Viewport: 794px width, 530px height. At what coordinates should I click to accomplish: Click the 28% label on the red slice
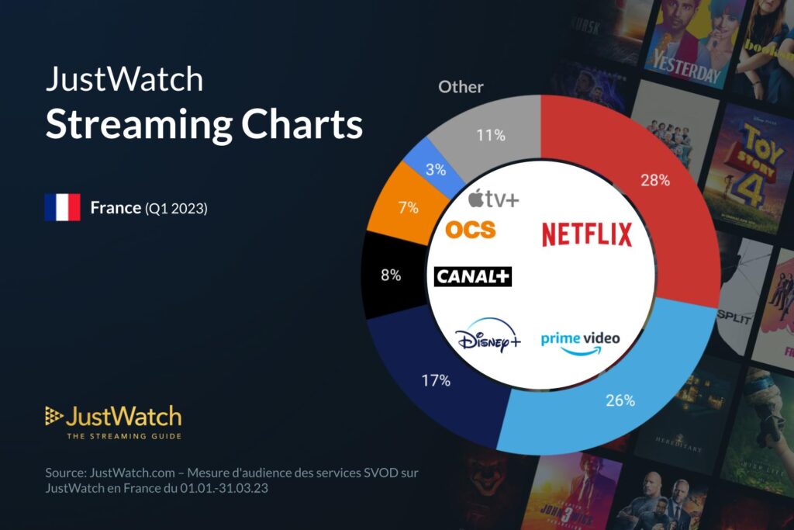pyautogui.click(x=656, y=181)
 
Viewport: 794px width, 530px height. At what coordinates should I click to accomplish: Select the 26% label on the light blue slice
pyautogui.click(x=620, y=400)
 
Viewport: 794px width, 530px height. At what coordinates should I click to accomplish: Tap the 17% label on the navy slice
pyautogui.click(x=436, y=380)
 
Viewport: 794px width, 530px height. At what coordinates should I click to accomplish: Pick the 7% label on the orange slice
pyautogui.click(x=408, y=208)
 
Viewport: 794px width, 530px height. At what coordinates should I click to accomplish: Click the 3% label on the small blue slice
pyautogui.click(x=436, y=168)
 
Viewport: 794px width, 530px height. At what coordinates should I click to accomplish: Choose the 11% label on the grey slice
pyautogui.click(x=490, y=135)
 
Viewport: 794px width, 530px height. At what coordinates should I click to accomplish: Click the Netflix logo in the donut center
pyautogui.click(x=587, y=234)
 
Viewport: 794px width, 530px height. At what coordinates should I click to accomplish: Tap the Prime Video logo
pyautogui.click(x=581, y=341)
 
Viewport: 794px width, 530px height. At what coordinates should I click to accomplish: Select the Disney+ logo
pyautogui.click(x=488, y=340)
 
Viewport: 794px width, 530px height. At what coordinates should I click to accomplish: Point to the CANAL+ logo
pyautogui.click(x=474, y=276)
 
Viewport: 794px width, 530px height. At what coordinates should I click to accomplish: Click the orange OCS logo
pyautogui.click(x=470, y=230)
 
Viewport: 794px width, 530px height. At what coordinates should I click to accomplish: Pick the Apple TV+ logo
pyautogui.click(x=494, y=199)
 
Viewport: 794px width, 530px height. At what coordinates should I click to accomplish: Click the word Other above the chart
pyautogui.click(x=461, y=87)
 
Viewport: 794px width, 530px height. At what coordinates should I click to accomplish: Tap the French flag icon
pyautogui.click(x=62, y=207)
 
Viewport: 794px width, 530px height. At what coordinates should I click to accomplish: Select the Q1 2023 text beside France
pyautogui.click(x=176, y=208)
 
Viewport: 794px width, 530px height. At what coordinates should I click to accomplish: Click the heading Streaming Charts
pyautogui.click(x=204, y=124)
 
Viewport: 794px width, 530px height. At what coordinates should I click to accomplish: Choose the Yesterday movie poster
pyautogui.click(x=685, y=43)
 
